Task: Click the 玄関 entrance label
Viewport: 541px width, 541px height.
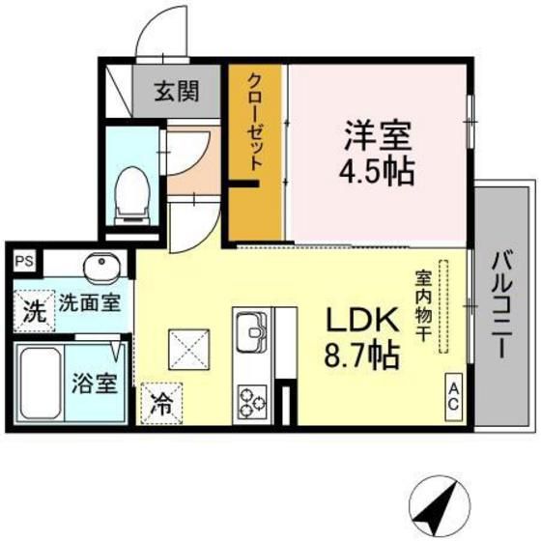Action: pos(176,91)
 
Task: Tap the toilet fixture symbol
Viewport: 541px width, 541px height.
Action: pos(131,195)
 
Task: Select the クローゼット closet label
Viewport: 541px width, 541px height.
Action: pos(256,123)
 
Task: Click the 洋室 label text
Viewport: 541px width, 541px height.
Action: pos(378,135)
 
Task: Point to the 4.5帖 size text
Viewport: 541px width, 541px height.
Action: pos(377,172)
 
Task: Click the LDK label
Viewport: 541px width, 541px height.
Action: pos(361,320)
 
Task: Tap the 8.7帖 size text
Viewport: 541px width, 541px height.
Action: pos(361,356)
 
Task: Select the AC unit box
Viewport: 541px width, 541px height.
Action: pos(454,397)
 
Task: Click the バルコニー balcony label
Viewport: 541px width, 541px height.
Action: pos(502,304)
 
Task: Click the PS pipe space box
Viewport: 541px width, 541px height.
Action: pos(24,261)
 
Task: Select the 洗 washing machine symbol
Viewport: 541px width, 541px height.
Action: pos(34,311)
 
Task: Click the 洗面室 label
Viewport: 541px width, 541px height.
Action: pos(90,303)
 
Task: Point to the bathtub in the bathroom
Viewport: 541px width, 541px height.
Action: pos(41,383)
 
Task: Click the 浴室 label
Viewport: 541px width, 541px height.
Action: pos(95,384)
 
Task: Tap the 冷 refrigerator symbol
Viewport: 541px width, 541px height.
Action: pos(161,404)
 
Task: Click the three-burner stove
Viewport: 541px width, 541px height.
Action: pos(252,402)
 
